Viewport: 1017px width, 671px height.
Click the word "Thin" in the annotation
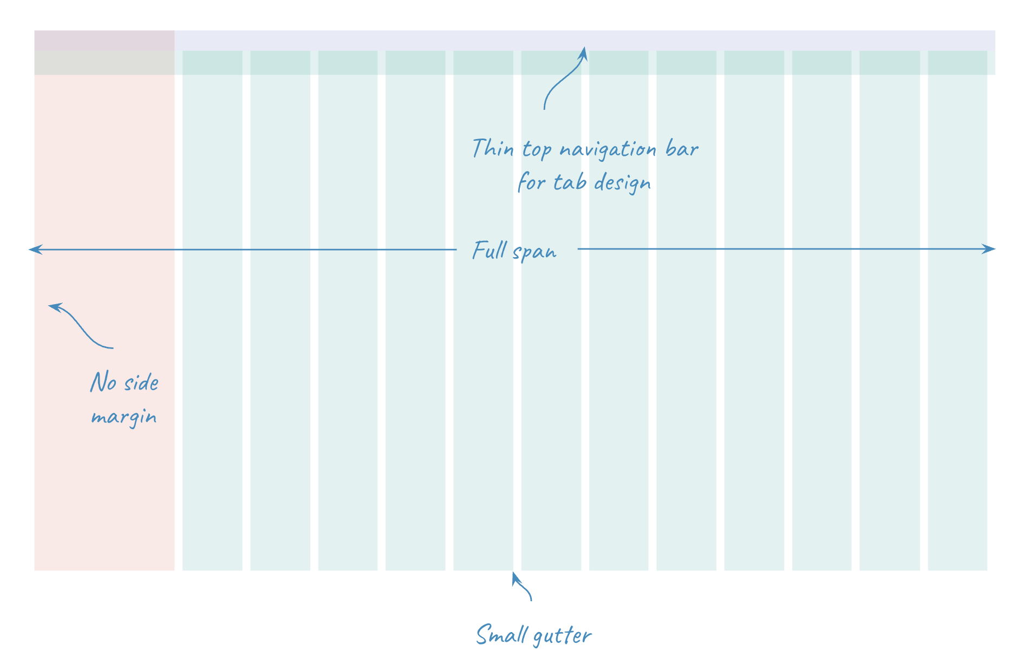coord(492,148)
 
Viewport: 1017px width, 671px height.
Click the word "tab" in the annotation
coord(569,182)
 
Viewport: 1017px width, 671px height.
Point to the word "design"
coord(622,183)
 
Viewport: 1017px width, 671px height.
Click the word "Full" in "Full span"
coord(490,250)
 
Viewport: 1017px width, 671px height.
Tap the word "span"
coord(534,252)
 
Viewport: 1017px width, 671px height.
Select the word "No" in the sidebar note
coord(103,382)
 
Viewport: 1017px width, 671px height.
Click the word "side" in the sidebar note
coord(141,383)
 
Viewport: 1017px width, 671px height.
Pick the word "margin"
coord(124,417)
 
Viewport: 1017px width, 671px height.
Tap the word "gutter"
coord(563,636)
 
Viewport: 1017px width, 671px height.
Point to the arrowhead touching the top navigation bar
coord(583,52)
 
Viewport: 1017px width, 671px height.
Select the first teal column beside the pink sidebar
coord(212,325)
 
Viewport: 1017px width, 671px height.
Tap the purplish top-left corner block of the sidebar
coord(104,41)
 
